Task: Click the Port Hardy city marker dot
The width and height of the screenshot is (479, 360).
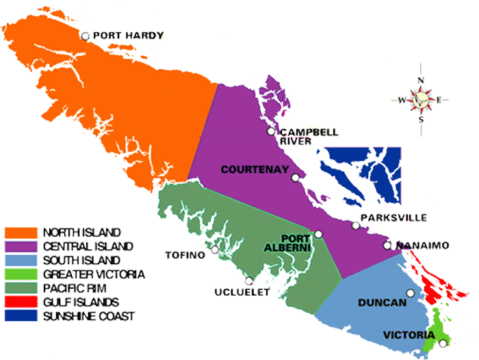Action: [85, 36]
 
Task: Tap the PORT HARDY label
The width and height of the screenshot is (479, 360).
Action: [128, 36]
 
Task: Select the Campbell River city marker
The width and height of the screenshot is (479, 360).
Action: [272, 131]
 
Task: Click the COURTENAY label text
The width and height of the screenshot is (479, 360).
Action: [253, 169]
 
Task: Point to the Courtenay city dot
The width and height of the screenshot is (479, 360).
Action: [295, 178]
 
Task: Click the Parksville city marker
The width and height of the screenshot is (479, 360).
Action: [356, 225]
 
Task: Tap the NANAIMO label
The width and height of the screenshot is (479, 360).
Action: [422, 245]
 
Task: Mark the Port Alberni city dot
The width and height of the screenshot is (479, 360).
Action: [318, 234]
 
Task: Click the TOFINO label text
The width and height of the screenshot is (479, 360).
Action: [185, 255]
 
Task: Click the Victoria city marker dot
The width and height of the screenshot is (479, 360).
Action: [444, 343]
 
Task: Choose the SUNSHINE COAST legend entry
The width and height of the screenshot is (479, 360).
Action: [86, 316]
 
